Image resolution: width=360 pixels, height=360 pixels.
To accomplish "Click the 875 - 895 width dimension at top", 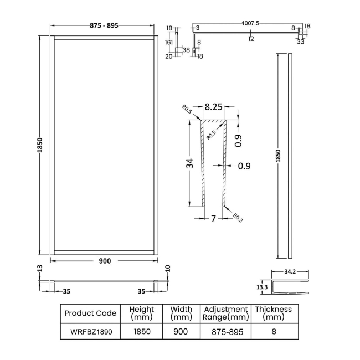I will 102,26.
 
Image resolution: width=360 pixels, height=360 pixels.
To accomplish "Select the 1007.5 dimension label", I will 250,23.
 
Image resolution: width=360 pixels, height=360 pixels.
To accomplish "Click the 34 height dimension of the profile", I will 189,163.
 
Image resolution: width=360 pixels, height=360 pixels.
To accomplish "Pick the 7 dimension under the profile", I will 213,218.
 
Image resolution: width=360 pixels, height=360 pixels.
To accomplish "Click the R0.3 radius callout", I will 238,218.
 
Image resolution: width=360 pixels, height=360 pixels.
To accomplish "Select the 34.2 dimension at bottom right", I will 290,272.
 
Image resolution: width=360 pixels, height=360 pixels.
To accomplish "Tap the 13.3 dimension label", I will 263,287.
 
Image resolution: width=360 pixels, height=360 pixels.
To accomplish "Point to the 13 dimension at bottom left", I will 39,269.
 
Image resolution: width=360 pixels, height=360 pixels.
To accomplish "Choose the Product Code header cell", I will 90,313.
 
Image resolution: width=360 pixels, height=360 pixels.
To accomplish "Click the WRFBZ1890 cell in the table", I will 90,332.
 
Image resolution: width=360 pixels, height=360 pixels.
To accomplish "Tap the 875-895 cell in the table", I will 225,332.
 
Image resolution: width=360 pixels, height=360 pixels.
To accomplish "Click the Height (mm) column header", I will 141,313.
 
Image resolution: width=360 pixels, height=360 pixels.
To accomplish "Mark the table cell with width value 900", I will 181,332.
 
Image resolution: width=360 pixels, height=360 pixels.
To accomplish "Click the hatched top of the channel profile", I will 214,121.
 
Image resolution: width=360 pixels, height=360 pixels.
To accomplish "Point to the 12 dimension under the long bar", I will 251,39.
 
